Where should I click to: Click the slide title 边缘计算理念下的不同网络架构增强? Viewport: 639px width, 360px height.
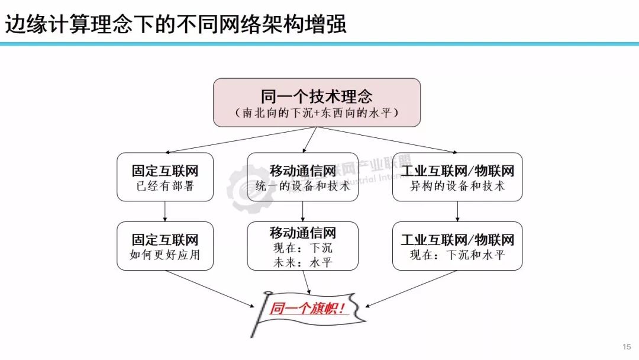point(176,25)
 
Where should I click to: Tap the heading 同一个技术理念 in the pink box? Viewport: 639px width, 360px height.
point(317,97)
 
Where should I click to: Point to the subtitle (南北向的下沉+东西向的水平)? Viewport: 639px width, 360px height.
point(317,112)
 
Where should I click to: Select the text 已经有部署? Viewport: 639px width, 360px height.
point(164,186)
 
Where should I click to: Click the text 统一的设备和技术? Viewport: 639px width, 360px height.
point(302,186)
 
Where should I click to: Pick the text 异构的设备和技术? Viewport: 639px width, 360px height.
point(457,186)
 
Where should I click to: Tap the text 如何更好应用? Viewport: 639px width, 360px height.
point(164,255)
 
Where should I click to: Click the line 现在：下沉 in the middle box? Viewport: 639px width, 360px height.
point(302,248)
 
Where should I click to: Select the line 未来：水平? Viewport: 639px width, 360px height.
point(302,262)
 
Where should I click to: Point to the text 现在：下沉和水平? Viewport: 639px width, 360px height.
point(457,255)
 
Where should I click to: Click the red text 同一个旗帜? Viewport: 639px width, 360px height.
point(307,308)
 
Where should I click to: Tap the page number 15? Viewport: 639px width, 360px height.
point(627,346)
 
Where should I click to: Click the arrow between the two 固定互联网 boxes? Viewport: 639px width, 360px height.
point(164,211)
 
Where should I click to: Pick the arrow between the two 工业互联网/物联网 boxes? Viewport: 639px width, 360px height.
point(457,211)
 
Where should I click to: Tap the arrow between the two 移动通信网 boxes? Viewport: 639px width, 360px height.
point(302,211)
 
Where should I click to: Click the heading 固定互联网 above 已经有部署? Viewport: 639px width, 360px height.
point(164,171)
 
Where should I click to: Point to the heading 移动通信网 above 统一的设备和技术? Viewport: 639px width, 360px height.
point(302,171)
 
